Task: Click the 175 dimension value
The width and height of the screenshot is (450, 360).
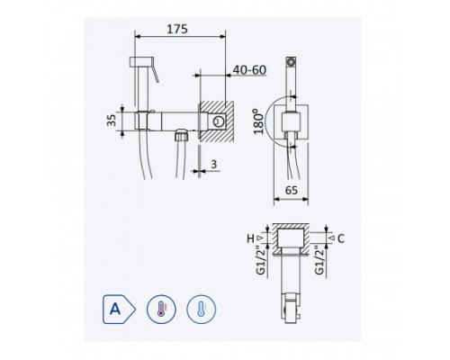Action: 177,29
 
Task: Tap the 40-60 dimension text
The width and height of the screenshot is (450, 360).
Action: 249,70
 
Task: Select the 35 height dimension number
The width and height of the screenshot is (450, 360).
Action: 112,121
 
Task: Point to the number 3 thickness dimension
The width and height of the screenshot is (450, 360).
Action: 213,164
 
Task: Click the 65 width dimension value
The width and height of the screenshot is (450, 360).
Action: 292,190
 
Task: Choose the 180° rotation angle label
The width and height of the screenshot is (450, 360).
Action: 258,121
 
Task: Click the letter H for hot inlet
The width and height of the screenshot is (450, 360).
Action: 250,238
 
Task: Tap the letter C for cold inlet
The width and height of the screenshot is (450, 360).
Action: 341,238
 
